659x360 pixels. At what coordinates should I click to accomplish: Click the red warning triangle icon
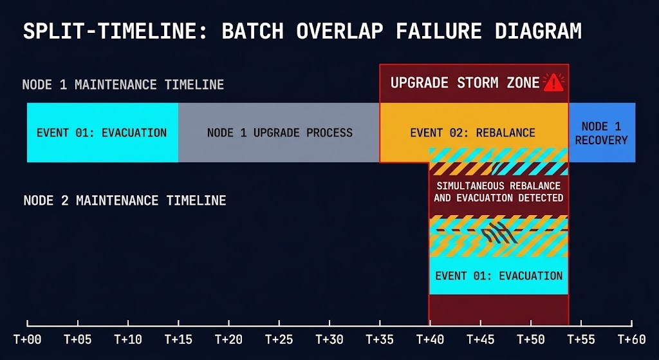click(x=553, y=82)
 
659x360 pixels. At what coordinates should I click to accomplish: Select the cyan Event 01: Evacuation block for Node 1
click(x=102, y=133)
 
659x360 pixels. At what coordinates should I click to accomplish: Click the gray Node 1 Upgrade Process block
click(x=279, y=133)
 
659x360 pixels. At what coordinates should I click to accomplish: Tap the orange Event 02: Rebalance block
click(x=472, y=133)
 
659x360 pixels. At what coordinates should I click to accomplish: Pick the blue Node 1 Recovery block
click(x=601, y=133)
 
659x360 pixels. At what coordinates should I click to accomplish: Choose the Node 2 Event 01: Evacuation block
click(x=499, y=276)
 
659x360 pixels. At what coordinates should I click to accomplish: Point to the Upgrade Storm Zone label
click(x=465, y=83)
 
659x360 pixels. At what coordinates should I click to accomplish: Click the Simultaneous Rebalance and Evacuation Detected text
click(x=499, y=192)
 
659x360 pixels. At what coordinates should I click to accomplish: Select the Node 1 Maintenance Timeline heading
click(x=123, y=85)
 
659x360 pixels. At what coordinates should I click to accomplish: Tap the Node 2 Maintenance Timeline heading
click(x=125, y=201)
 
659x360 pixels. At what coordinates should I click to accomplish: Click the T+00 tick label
click(x=27, y=339)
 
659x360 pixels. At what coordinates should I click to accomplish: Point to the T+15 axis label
click(x=178, y=339)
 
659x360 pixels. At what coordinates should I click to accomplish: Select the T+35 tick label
click(x=380, y=339)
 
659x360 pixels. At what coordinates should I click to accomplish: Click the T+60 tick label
click(x=631, y=339)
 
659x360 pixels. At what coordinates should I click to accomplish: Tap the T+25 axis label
click(x=279, y=339)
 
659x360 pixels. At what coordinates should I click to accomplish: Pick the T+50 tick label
click(x=531, y=339)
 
